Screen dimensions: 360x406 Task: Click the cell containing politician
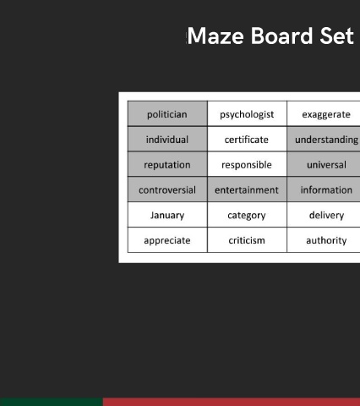[167, 113]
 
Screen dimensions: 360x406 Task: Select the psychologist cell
[247, 113]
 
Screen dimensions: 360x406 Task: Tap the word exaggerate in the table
[326, 115]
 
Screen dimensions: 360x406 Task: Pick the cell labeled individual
[167, 139]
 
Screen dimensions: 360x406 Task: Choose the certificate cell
[247, 139]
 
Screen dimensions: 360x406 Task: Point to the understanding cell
[324, 139]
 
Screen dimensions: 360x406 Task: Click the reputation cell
[167, 164]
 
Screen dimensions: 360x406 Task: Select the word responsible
[247, 165]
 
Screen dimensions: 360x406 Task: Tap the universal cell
[324, 164]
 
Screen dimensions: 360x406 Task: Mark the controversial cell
[167, 189]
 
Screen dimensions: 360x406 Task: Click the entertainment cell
[247, 189]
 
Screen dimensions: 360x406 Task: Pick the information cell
[324, 189]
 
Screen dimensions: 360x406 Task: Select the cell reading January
[167, 214]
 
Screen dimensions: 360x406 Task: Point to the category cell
[247, 214]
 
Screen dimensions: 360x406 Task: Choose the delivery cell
[324, 214]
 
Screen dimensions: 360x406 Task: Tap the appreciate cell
[167, 239]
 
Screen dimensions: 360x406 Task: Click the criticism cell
[247, 239]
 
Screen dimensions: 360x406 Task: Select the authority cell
[324, 239]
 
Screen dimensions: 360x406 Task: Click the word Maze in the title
[215, 36]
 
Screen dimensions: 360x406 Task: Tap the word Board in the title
[282, 36]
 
